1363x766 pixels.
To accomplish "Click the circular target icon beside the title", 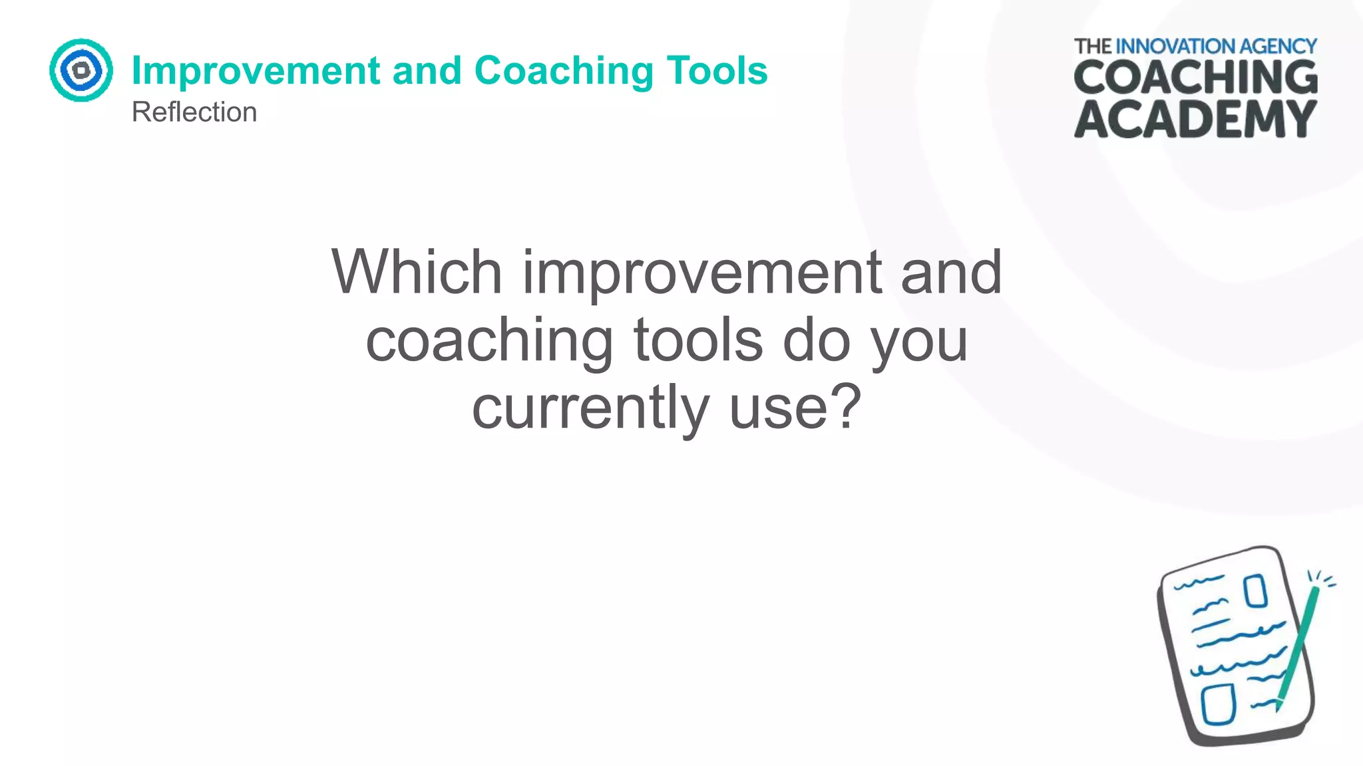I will click(x=81, y=70).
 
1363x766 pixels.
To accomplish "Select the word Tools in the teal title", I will click(x=717, y=70).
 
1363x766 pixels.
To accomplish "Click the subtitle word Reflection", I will click(x=194, y=112).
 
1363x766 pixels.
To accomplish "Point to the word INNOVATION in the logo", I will click(x=1181, y=47).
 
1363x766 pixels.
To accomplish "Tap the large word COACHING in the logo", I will click(x=1195, y=78).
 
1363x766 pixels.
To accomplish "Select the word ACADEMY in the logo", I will click(x=1195, y=119).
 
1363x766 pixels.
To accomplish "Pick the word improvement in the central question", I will click(x=702, y=273).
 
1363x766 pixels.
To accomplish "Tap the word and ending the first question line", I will click(x=951, y=273).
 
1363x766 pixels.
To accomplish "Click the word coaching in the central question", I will click(x=489, y=340).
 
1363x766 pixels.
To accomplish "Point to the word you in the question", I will click(x=919, y=342).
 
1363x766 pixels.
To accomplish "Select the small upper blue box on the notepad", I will click(x=1255, y=591).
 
